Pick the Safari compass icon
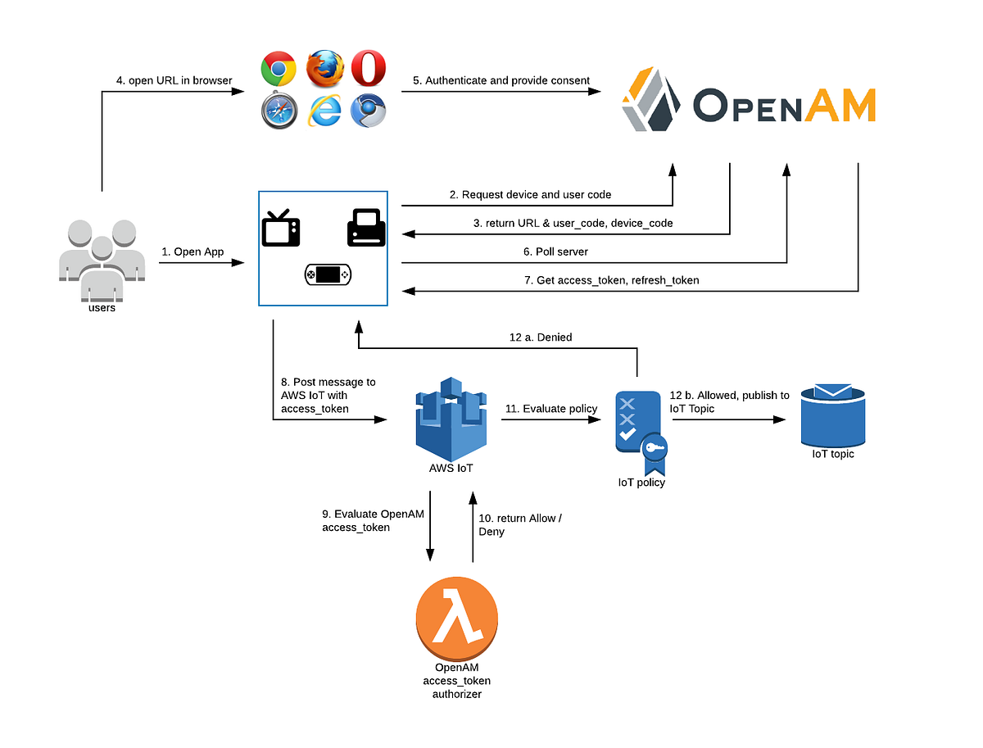[x=279, y=111]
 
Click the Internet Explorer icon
[x=324, y=111]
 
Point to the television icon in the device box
[x=280, y=228]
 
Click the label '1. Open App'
[x=193, y=252]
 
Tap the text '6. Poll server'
[x=556, y=252]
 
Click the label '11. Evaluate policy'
[x=551, y=408]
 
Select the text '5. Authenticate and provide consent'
[x=501, y=80]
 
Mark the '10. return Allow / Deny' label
[x=520, y=524]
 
